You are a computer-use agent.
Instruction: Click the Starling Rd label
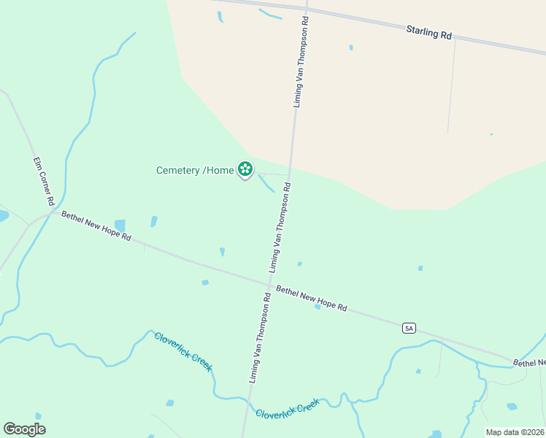coord(429,33)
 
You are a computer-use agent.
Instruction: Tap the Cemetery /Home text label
coord(195,171)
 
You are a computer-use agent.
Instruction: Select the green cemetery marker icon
coord(245,169)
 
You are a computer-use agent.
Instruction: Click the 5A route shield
coord(409,328)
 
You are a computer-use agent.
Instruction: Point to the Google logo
coord(24,429)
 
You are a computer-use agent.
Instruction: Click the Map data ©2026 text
coord(515,432)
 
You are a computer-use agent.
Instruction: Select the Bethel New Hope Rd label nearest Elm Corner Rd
coord(96,226)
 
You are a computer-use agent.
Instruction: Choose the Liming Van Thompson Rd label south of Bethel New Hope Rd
coord(259,338)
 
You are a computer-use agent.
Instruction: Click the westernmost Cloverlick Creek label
coord(183,351)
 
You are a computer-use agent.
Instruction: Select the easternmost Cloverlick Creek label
coord(288,408)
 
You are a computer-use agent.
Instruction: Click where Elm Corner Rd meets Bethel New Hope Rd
coord(51,212)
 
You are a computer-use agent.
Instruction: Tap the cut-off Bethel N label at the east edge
coord(528,362)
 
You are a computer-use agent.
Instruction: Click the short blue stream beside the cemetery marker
coord(266,183)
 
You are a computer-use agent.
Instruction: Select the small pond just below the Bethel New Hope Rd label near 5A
coord(318,307)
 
